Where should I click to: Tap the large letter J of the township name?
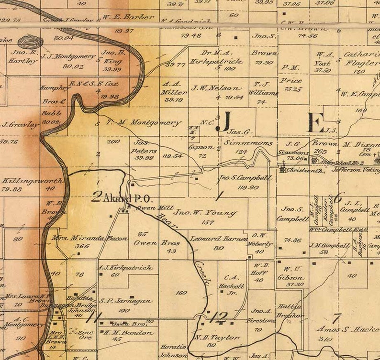(x=223, y=122)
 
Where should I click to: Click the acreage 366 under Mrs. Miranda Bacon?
(x=82, y=246)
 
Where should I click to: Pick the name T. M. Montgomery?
(x=144, y=122)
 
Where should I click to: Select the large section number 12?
(x=220, y=316)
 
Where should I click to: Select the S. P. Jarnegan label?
(x=126, y=301)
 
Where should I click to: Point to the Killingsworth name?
(x=33, y=181)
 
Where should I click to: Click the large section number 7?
(x=337, y=317)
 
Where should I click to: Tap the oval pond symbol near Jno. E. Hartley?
(x=30, y=42)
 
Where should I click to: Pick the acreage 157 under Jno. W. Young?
(x=208, y=223)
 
